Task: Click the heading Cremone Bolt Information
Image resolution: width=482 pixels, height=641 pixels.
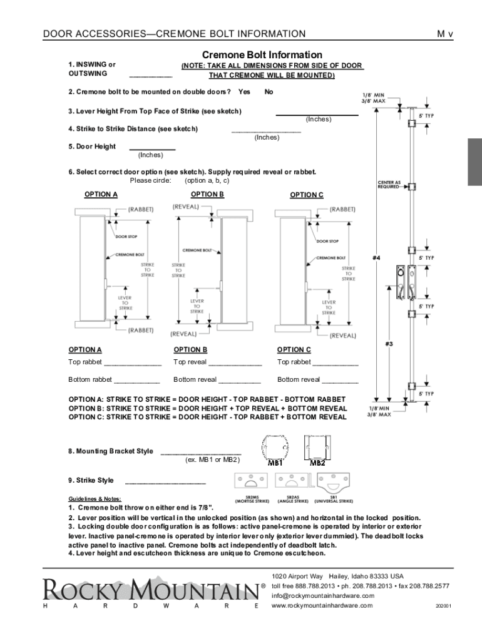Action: pos(262,55)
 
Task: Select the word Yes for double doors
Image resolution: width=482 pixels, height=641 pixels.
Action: pos(244,92)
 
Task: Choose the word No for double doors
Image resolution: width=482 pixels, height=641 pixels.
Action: pos(269,92)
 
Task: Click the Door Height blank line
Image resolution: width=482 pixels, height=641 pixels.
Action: pos(151,150)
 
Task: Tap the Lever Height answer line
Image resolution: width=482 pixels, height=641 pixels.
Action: pos(317,115)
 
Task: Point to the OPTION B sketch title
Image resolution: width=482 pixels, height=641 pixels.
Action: pos(207,195)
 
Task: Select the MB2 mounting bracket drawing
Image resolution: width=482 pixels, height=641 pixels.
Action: pos(317,448)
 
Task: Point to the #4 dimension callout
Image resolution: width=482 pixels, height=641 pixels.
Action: pos(377,257)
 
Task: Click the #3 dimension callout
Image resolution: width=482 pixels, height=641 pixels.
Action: pos(389,344)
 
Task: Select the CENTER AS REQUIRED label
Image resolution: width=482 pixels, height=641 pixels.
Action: pos(389,184)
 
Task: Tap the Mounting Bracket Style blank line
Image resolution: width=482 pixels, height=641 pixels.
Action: pos(200,453)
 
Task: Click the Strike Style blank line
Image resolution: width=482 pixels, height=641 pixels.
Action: pos(165,483)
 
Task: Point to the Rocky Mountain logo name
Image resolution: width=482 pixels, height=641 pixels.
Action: pos(150,589)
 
